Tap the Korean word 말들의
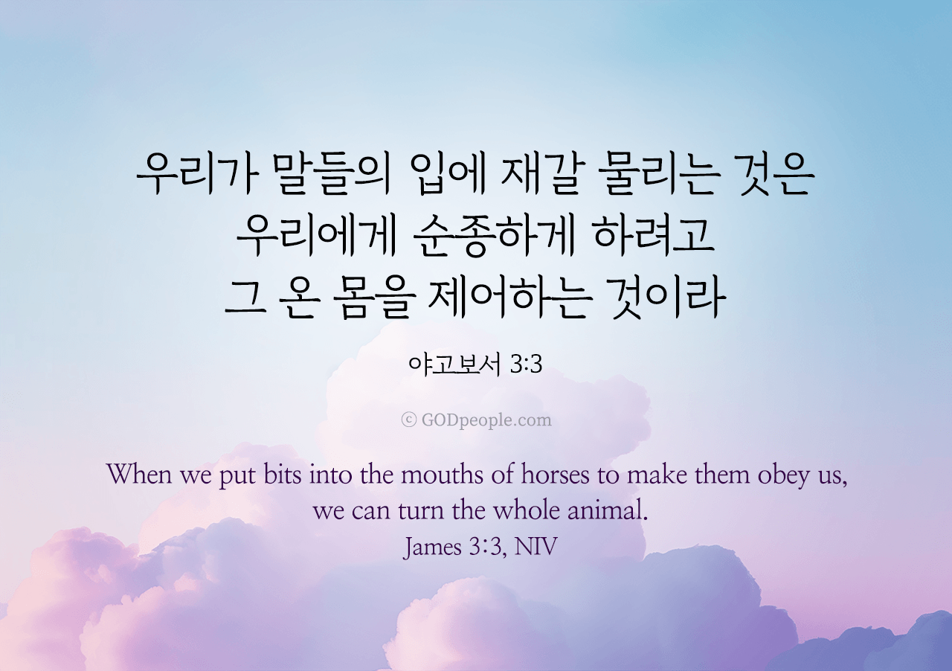tap(332, 175)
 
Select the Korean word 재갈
tap(539, 175)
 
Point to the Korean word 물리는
tap(659, 175)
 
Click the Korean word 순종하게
tap(494, 237)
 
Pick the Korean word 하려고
tap(654, 237)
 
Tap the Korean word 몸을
tap(373, 298)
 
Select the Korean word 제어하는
tap(510, 298)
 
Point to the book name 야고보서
tap(454, 365)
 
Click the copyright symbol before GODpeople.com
tap(408, 420)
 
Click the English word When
tap(139, 474)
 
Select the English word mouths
tap(442, 475)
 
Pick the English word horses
tap(555, 475)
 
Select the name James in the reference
tap(432, 548)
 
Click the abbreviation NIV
tap(535, 547)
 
